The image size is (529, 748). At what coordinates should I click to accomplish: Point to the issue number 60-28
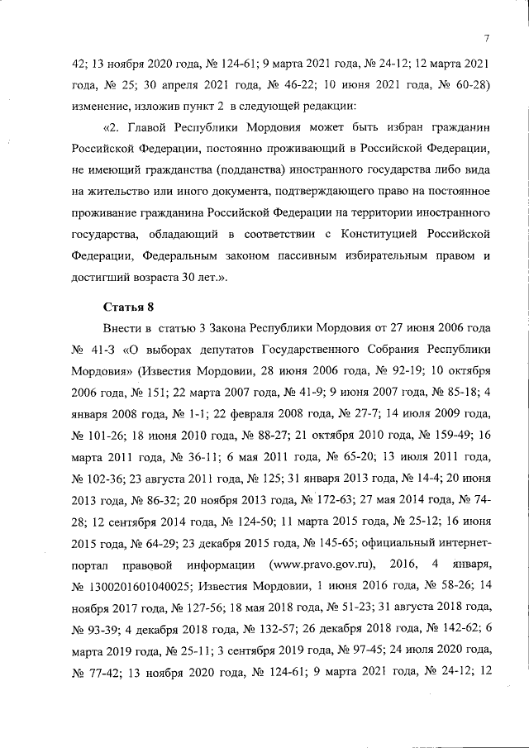coord(469,84)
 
